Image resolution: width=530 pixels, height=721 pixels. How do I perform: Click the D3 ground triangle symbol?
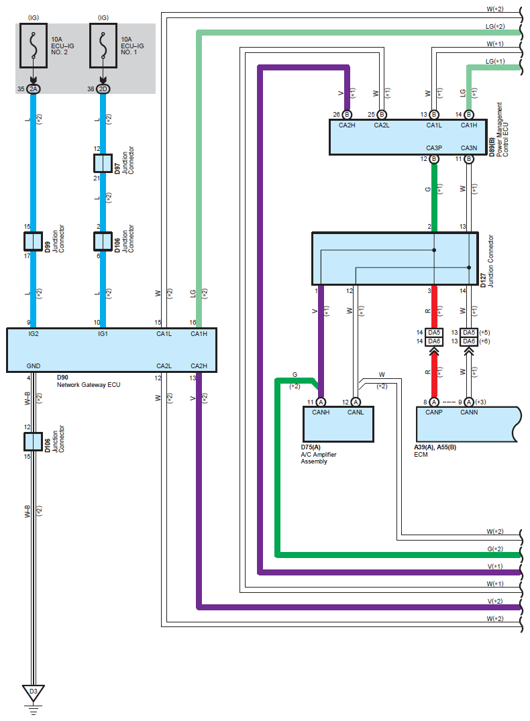33,693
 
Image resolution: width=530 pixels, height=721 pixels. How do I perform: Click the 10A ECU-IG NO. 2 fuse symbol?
33,46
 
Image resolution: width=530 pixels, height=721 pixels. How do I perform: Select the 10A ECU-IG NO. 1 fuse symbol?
103,46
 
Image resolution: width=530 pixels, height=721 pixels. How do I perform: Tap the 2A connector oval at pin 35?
33,89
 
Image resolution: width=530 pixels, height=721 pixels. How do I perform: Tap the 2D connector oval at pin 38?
103,89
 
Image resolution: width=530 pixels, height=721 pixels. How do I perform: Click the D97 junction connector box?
103,163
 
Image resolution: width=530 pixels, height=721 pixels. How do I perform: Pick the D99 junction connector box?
33,241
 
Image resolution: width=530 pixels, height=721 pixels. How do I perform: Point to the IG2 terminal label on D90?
34,334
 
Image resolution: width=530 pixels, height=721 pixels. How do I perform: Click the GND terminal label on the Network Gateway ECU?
34,366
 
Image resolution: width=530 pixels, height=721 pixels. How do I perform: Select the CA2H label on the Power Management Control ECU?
347,125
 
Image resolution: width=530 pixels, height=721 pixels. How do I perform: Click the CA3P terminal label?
434,148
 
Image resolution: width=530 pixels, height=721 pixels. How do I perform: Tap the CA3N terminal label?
469,148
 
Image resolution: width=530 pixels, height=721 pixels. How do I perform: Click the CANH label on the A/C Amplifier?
321,412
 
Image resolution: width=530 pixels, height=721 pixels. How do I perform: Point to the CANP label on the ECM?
434,412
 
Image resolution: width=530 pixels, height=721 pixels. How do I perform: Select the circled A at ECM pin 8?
434,402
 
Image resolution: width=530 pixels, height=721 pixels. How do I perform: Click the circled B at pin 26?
347,115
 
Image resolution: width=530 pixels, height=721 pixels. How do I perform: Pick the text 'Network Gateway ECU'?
89,385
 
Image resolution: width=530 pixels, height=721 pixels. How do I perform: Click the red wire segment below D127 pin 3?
434,307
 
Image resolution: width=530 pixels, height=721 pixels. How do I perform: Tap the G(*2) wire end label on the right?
495,549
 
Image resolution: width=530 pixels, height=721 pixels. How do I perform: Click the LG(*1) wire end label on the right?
495,61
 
